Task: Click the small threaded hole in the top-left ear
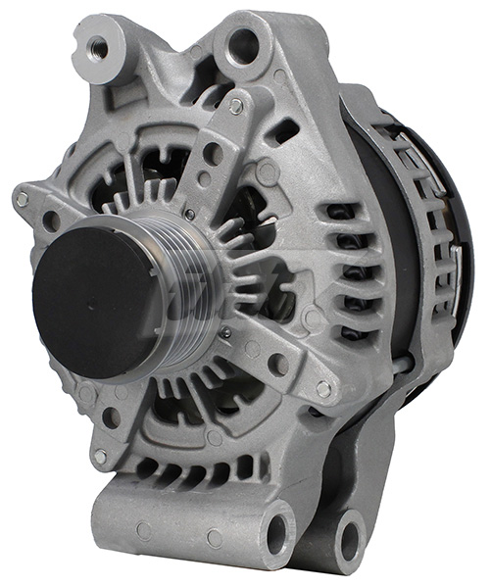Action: point(100,44)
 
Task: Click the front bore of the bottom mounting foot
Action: point(277,532)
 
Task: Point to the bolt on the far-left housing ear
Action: point(23,199)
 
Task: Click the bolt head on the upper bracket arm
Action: point(236,106)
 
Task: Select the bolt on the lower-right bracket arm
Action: point(322,389)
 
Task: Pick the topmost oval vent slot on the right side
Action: point(338,212)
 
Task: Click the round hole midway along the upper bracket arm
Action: point(213,153)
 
